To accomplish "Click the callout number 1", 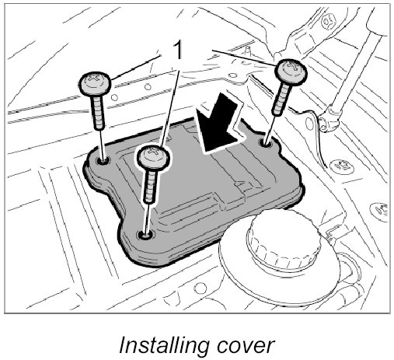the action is (x=178, y=51).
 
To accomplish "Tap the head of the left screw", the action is (x=95, y=83).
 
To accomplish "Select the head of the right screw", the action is (x=291, y=70).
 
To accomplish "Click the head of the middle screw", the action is (x=153, y=157).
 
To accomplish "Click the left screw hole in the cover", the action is (x=103, y=162).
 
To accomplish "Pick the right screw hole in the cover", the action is (x=266, y=142).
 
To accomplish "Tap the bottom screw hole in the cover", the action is (x=146, y=235).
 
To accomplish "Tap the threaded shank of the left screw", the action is (x=99, y=112).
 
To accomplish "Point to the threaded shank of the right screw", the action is (x=281, y=98).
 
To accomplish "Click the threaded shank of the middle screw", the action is (x=150, y=185).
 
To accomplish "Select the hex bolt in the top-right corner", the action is (x=329, y=20).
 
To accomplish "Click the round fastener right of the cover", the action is (x=341, y=166).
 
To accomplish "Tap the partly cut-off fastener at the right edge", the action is (x=380, y=208).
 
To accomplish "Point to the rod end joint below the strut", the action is (x=329, y=120).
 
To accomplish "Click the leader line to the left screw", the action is (x=136, y=66).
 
